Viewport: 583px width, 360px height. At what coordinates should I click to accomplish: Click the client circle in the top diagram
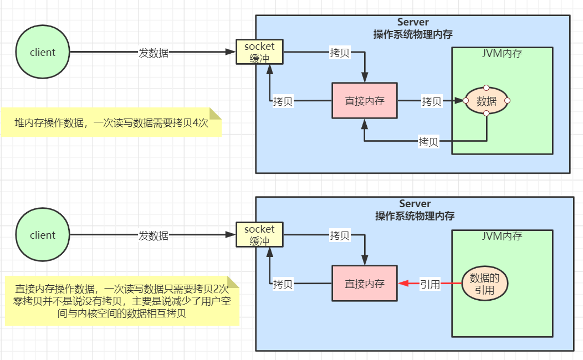[x=43, y=53]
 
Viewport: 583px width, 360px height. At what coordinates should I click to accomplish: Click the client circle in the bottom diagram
[x=43, y=235]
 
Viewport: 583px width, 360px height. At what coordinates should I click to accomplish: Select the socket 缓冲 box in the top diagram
[x=259, y=52]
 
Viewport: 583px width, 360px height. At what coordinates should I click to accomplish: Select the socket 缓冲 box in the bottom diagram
[x=259, y=234]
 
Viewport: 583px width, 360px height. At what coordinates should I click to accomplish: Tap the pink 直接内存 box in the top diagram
[x=364, y=101]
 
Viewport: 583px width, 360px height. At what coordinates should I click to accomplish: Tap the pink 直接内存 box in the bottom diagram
[x=364, y=284]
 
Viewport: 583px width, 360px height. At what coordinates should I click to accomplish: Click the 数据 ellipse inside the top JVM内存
[x=486, y=101]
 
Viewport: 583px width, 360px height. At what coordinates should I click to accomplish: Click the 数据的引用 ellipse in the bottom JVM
[x=485, y=284]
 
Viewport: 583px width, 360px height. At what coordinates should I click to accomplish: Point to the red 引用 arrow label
[x=429, y=284]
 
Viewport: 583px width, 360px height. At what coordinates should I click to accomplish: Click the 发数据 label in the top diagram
[x=154, y=53]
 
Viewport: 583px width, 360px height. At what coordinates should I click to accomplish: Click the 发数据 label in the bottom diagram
[x=154, y=235]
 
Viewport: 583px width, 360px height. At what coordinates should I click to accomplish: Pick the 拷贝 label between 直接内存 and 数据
[x=431, y=101]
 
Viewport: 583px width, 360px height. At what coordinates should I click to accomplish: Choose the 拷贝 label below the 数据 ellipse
[x=428, y=142]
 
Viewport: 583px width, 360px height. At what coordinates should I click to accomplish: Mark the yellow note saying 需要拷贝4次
[x=111, y=122]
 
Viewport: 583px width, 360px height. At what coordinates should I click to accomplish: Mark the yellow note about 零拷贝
[x=122, y=301]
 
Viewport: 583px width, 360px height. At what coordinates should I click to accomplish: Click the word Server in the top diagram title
[x=413, y=22]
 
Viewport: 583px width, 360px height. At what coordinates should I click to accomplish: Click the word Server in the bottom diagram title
[x=415, y=204]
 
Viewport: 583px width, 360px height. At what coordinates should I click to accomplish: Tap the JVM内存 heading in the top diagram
[x=502, y=54]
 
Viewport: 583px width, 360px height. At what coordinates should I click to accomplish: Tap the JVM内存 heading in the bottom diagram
[x=502, y=236]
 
